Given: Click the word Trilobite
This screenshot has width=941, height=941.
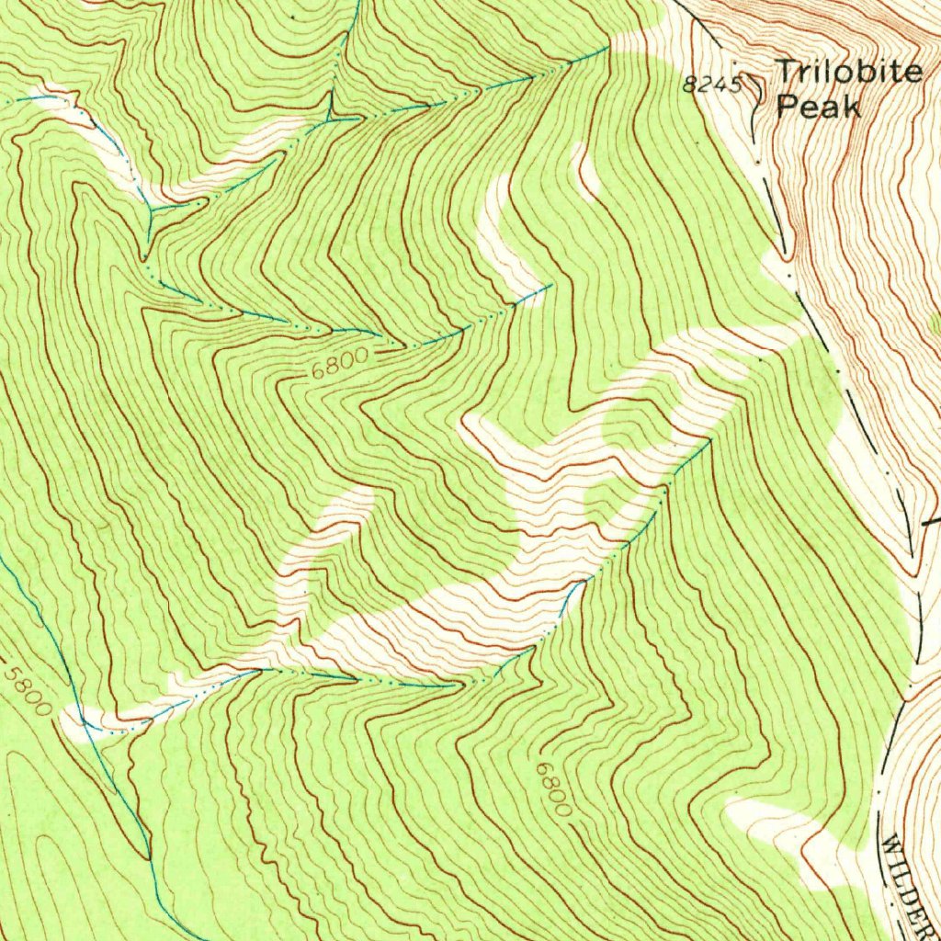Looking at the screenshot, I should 847,72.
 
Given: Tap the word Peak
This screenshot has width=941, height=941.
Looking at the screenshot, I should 818,107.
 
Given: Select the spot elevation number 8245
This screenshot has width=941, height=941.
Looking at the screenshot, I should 712,85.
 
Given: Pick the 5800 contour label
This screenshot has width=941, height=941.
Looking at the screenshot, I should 28,690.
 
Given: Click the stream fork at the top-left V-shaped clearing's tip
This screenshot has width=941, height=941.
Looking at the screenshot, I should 150,210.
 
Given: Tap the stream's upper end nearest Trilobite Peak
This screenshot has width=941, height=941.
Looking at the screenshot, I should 607,47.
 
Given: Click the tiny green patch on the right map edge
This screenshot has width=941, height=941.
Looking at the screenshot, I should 936,323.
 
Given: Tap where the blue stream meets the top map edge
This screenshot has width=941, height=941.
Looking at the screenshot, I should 358,3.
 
